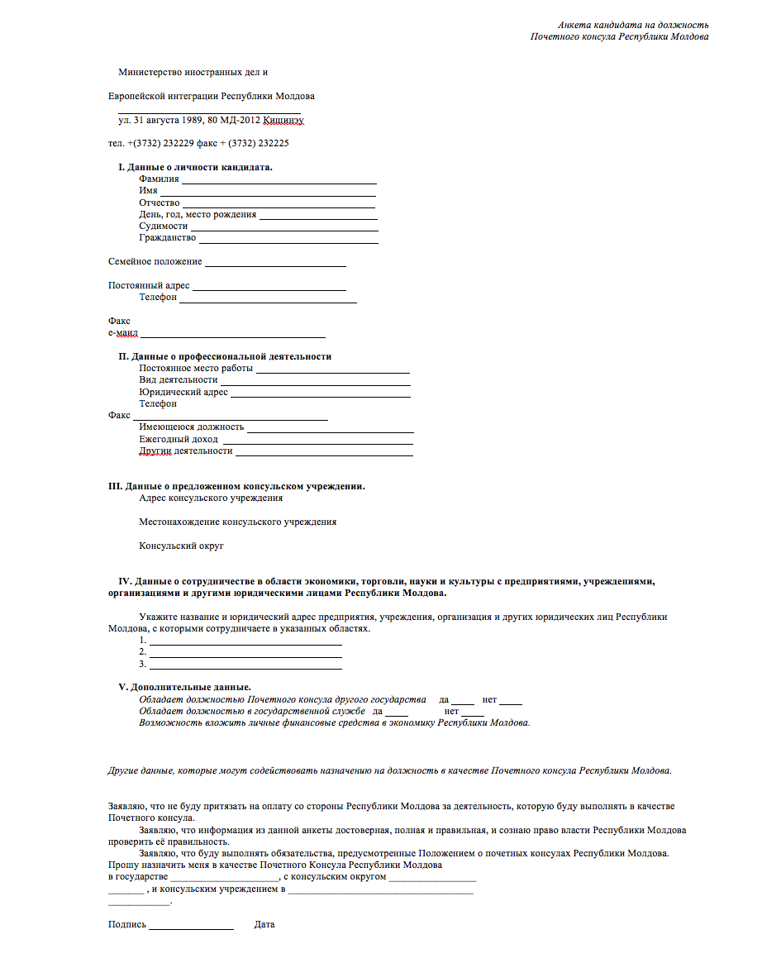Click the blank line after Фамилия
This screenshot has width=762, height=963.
279,181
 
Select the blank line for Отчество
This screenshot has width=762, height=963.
279,205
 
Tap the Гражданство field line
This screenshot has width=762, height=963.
288,241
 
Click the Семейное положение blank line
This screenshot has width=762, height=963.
275,265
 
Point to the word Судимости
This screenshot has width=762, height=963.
164,226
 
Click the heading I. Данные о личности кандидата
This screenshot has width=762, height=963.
195,167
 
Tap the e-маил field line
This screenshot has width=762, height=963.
233,336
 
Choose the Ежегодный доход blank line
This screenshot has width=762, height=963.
317,443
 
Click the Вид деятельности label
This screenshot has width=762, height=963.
179,380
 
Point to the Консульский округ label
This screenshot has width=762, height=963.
182,546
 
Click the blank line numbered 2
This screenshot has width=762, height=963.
245,656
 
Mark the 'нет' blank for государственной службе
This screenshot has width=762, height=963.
473,714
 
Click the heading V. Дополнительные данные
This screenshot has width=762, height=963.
185,687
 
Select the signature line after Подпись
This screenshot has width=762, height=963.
191,929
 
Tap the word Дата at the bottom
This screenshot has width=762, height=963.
264,925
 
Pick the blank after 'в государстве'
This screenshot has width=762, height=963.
224,880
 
